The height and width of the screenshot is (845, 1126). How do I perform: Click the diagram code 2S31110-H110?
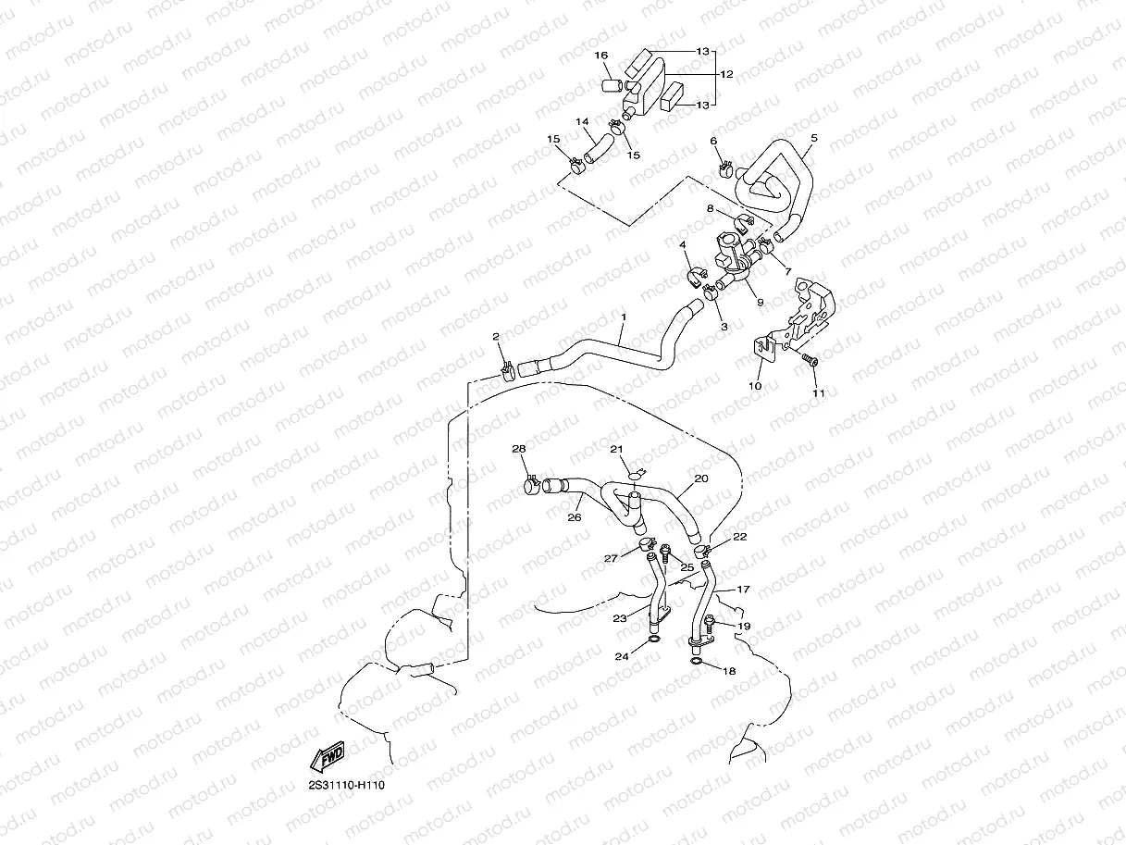click(x=347, y=785)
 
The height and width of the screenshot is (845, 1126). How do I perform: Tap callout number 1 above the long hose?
click(x=624, y=317)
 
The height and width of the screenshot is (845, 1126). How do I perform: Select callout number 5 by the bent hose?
click(x=813, y=138)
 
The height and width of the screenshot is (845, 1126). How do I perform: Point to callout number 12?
click(x=726, y=74)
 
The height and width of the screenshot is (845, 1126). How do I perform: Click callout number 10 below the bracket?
click(x=755, y=385)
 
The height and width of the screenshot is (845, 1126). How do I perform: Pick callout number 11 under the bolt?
click(x=818, y=393)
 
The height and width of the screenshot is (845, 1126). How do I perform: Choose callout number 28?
click(x=519, y=449)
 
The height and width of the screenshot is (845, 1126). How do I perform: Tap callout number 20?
click(x=700, y=478)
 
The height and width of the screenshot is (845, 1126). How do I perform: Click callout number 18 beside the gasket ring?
click(x=729, y=671)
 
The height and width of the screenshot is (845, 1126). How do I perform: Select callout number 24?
click(x=623, y=656)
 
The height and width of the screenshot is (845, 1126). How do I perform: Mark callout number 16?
click(x=601, y=56)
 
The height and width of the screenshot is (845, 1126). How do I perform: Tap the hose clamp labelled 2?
click(x=506, y=372)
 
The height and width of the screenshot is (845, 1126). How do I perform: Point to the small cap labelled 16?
click(x=610, y=88)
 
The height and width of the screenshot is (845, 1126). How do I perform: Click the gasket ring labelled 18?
click(x=695, y=662)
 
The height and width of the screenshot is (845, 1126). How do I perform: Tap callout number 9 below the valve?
click(x=760, y=302)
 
